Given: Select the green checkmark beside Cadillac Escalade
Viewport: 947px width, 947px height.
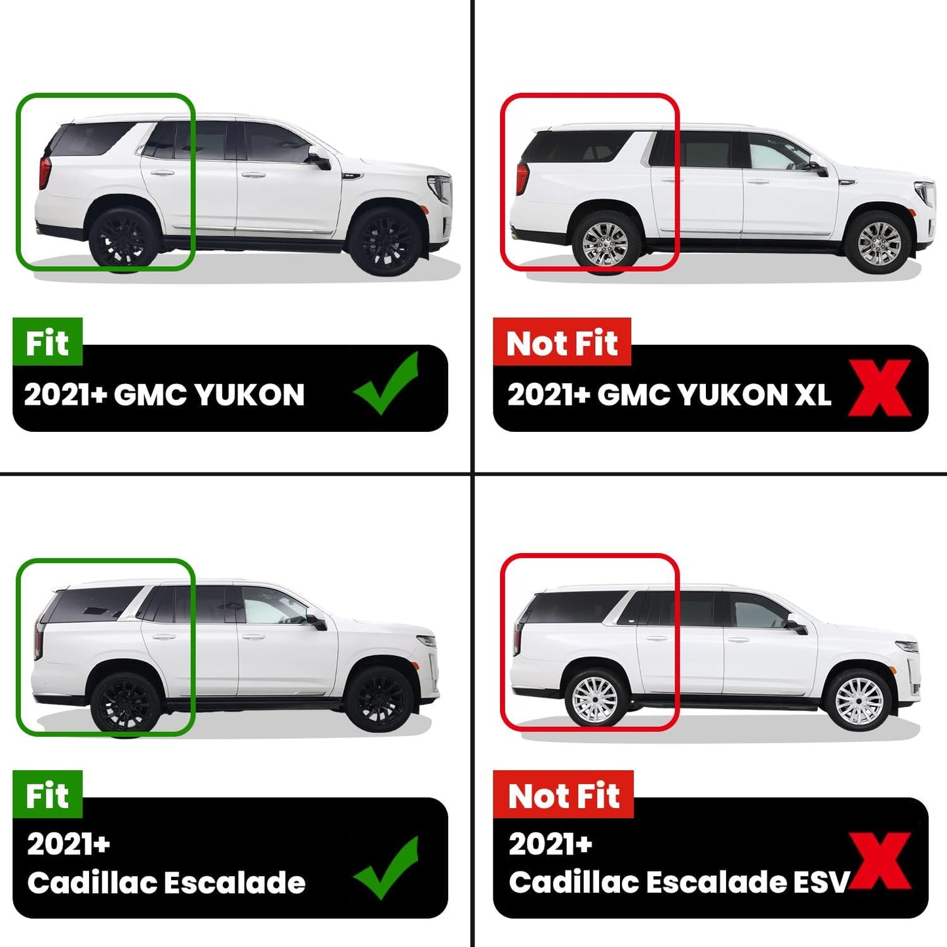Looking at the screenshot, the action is tap(386, 868).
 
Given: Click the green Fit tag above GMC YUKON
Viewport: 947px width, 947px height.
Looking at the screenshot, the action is tap(48, 342).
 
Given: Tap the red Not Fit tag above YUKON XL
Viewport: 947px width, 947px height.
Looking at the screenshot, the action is tap(562, 342).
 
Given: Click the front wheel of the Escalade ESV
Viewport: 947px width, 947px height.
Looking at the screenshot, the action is tap(859, 700).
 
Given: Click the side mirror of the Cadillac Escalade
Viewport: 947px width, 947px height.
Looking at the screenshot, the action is tap(317, 621).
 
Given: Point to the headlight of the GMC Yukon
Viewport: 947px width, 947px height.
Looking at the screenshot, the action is tap(440, 188).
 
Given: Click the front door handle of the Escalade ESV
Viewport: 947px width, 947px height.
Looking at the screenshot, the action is tap(738, 640).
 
